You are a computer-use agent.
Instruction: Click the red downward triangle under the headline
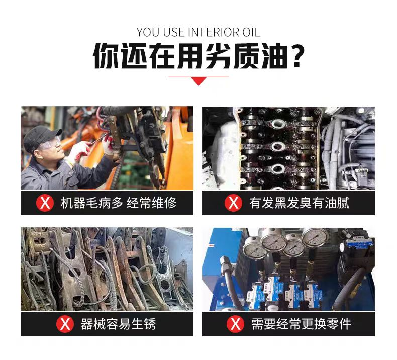[x=199, y=81]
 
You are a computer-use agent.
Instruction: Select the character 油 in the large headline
[x=273, y=56]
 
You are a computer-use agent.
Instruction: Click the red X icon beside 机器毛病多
[x=45, y=203]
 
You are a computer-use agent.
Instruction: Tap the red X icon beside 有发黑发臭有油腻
[x=233, y=203]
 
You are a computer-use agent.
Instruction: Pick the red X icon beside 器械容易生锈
[x=65, y=324]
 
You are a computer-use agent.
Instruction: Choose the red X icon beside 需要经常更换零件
[x=235, y=324]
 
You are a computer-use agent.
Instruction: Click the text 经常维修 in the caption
[x=151, y=203]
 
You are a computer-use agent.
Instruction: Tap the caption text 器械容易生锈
[x=118, y=324]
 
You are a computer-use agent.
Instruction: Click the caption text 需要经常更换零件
[x=301, y=324]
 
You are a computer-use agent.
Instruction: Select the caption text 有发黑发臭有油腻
[x=299, y=203]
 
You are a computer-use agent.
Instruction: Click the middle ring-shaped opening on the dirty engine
[x=278, y=146]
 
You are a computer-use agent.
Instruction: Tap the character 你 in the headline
[x=106, y=56]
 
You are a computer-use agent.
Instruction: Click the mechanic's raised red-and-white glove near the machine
[x=108, y=144]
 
